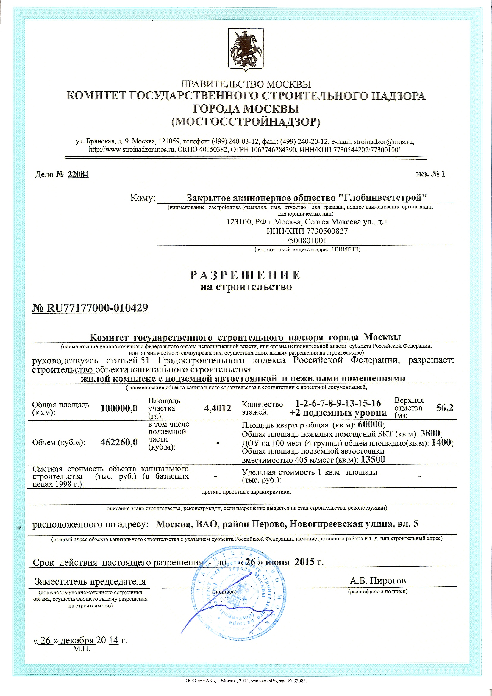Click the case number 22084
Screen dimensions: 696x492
pyautogui.click(x=78, y=174)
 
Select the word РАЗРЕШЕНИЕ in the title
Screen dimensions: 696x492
pyautogui.click(x=245, y=275)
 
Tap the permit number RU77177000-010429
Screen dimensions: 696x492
pyautogui.click(x=97, y=308)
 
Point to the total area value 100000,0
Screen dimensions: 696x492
pyautogui.click(x=119, y=408)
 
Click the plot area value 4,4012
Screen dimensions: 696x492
pyautogui.click(x=218, y=408)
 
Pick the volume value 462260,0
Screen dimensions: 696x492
pyautogui.click(x=119, y=442)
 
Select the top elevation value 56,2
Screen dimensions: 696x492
pyautogui.click(x=445, y=408)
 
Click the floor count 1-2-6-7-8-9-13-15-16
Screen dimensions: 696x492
pyautogui.click(x=338, y=403)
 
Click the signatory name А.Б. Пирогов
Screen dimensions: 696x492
pyautogui.click(x=378, y=580)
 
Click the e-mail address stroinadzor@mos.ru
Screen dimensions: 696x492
pyautogui.click(x=383, y=142)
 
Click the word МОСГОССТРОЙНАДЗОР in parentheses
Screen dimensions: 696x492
pyautogui.click(x=246, y=122)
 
